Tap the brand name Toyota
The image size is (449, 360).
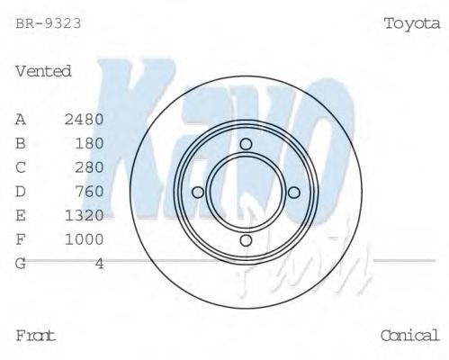point(411,23)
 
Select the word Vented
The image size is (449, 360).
point(43,71)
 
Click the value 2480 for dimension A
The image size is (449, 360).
point(85,119)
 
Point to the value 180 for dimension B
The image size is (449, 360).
point(89,143)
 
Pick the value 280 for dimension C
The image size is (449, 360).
point(89,167)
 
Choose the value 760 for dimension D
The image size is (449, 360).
point(89,191)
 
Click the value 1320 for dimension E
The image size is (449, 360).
point(85,215)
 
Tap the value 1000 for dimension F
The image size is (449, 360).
point(85,238)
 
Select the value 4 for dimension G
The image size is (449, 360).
point(99,263)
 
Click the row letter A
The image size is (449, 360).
point(21,119)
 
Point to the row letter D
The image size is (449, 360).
point(21,191)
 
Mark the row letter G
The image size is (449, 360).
point(21,263)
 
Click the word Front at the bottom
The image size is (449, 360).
point(36,336)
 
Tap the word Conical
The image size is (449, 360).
point(409,336)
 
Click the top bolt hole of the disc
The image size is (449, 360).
point(245,144)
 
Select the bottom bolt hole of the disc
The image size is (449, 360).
point(245,239)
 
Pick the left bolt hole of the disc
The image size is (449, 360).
point(197,192)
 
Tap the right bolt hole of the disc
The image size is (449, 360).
point(292,192)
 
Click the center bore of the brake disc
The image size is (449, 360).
point(245,192)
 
